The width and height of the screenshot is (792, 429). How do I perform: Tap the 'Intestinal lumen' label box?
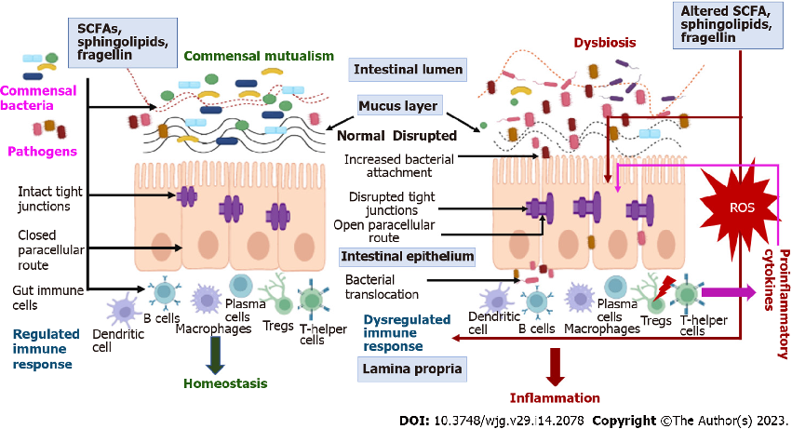[408, 70]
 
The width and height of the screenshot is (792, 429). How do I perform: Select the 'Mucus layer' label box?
[399, 106]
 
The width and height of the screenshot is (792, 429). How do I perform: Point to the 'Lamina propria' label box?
[410, 370]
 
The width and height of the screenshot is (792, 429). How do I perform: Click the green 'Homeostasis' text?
[225, 383]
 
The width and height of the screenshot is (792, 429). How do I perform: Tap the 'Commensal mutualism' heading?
[259, 56]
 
